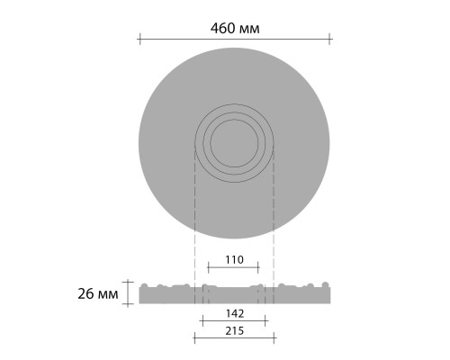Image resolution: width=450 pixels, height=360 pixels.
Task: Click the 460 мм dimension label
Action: pyautogui.click(x=235, y=28)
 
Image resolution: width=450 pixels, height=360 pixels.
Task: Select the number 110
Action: pyautogui.click(x=233, y=259)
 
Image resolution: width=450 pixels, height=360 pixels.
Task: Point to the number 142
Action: pyautogui.click(x=233, y=315)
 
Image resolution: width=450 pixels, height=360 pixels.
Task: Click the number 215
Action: pyautogui.click(x=233, y=331)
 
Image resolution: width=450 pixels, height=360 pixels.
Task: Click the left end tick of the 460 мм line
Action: pyautogui.click(x=139, y=38)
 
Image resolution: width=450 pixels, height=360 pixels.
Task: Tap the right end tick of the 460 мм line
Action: pyautogui.click(x=330, y=38)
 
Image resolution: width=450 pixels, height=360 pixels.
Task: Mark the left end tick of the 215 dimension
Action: pyautogui.click(x=194, y=339)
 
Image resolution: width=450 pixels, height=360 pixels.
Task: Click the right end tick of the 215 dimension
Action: pyautogui.click(x=274, y=339)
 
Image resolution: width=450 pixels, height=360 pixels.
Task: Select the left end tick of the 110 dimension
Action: pyautogui.click(x=208, y=266)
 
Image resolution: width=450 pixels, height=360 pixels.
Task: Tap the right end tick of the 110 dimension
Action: pyautogui.click(x=259, y=266)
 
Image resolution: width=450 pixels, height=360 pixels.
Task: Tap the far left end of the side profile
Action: pyautogui.click(x=139, y=295)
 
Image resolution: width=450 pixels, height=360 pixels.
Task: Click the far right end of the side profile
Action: pyautogui.click(x=329, y=295)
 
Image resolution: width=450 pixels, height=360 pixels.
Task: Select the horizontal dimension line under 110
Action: pyautogui.click(x=233, y=266)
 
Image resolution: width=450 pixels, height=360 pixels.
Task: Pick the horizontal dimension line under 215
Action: pyautogui.click(x=233, y=339)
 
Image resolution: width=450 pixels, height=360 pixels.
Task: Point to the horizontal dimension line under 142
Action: pyautogui.click(x=233, y=322)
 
